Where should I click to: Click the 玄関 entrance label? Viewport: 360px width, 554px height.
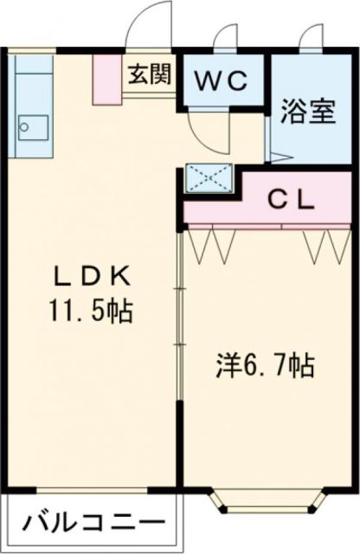(x=149, y=74)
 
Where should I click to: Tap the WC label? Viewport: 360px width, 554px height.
(x=221, y=81)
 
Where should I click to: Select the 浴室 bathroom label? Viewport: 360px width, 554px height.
(x=307, y=113)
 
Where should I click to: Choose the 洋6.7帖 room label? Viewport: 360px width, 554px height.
(x=264, y=364)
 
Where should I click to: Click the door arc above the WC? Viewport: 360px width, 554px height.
(x=226, y=39)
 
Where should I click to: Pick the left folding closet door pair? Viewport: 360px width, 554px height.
(x=211, y=243)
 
